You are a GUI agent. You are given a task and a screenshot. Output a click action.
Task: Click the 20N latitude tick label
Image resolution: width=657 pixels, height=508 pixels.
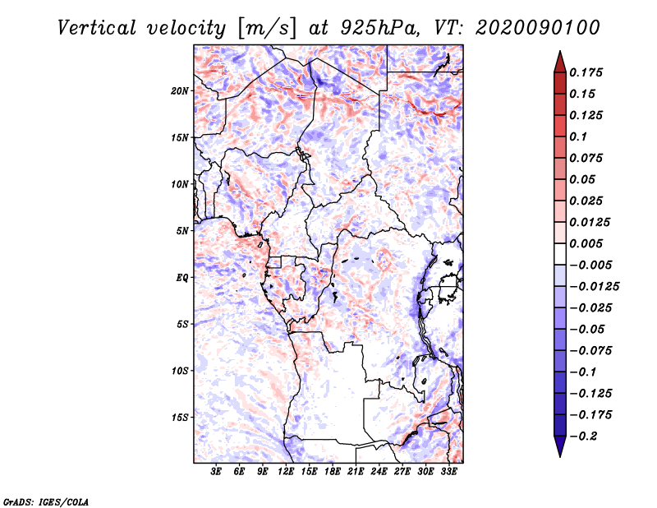180,91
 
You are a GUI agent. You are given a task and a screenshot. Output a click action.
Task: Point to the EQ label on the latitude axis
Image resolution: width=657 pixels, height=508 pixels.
182,278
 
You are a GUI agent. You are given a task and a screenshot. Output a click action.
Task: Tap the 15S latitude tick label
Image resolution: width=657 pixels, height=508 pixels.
180,418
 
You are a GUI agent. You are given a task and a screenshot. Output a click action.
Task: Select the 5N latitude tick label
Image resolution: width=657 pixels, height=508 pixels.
182,231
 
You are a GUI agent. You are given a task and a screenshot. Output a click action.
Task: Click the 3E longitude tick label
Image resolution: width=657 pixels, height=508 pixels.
216,472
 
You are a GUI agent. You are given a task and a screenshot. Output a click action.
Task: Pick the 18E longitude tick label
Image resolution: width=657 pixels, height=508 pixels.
333,472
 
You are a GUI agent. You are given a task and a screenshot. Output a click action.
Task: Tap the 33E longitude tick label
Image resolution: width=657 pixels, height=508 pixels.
448,472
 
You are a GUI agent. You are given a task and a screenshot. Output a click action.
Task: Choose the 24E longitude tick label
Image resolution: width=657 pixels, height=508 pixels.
379,472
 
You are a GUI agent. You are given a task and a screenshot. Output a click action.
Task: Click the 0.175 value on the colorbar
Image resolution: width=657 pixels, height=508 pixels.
586,72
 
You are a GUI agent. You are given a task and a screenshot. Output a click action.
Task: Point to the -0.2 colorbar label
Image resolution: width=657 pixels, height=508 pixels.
584,436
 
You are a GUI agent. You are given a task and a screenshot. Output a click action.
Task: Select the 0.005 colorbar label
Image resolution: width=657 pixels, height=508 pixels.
586,243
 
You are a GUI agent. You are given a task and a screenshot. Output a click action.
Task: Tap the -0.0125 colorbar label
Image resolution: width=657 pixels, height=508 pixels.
594,287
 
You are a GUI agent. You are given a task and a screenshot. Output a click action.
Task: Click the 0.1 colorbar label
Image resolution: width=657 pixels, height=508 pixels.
578,136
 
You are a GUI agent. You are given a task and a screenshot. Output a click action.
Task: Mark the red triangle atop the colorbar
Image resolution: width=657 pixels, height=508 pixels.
560,62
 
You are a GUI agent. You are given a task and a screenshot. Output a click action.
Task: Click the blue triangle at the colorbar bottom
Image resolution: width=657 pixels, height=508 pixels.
560,446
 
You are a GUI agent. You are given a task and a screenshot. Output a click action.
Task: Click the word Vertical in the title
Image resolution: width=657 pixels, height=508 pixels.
97,28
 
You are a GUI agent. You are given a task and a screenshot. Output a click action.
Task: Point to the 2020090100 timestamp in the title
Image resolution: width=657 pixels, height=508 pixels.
538,28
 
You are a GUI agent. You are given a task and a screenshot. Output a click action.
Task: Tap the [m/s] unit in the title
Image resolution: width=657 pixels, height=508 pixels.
267,29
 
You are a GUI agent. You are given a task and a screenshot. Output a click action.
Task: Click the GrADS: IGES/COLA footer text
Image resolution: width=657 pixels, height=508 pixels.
46,502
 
